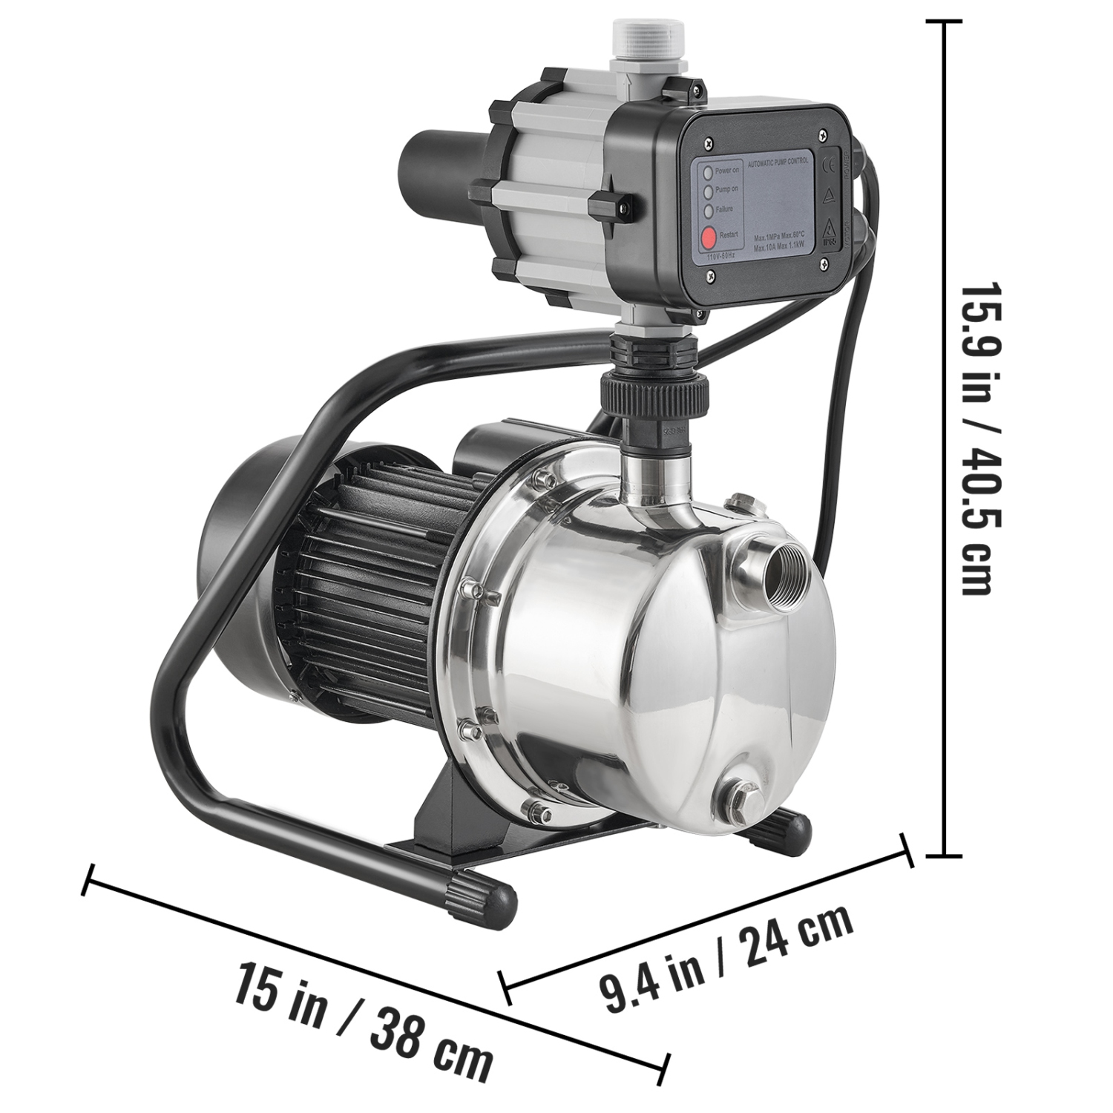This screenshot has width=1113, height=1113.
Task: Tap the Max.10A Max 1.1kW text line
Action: pyautogui.click(x=781, y=246)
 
